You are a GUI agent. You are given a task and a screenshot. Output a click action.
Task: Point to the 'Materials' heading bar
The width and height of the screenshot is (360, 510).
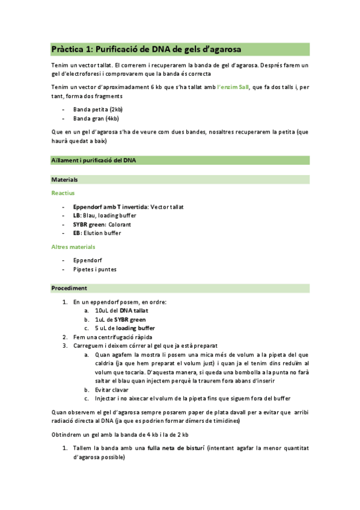point(64,179)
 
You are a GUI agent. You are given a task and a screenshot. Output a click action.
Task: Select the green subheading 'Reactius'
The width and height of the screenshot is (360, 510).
point(63,193)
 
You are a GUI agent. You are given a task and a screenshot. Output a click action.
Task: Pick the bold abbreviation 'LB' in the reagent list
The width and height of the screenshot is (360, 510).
point(76,215)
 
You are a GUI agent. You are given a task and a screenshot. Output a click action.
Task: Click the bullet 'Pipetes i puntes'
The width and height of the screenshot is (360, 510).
point(95,269)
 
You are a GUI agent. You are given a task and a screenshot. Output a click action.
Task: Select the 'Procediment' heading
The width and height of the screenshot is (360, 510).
point(69,288)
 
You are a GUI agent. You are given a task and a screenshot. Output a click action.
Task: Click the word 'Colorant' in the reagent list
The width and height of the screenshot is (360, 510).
point(117,224)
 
